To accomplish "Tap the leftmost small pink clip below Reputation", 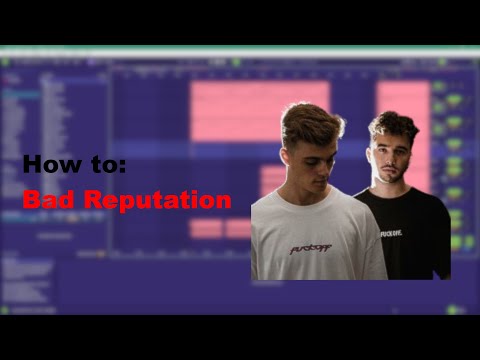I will tap(205, 228).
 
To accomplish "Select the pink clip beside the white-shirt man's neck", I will tap(271, 180).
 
